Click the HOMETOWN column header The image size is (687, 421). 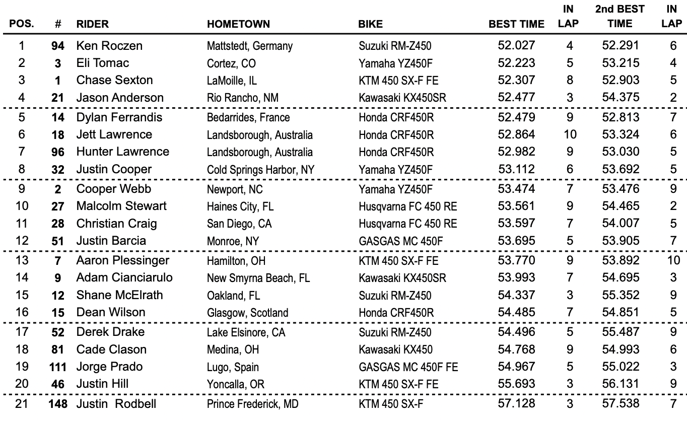pos(238,24)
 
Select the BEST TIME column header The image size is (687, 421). pos(516,24)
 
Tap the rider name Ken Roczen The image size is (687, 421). pos(109,46)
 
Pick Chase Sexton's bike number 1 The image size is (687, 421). pos(59,81)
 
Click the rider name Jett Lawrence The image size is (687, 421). pos(114,134)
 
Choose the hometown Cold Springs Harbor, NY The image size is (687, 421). pos(261,170)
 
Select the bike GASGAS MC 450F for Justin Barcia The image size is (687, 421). pos(401,241)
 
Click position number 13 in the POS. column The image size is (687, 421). pos(22,260)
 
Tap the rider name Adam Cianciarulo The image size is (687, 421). pos(124,277)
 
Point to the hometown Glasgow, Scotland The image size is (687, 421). pos(247,313)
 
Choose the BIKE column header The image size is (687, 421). pos(370,24)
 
